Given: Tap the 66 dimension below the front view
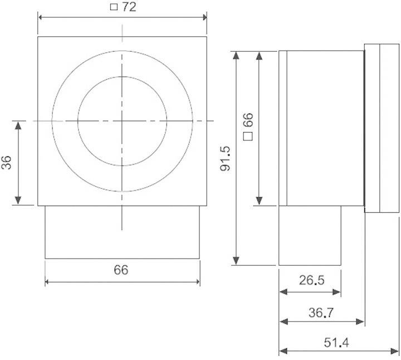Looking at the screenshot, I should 121,270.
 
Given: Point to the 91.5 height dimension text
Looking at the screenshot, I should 226,158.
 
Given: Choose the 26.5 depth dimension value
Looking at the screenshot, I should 311,280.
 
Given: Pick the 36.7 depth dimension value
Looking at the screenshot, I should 321,313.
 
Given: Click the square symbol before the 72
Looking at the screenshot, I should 113,8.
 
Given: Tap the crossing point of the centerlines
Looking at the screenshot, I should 122,120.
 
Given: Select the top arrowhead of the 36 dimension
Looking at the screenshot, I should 18,125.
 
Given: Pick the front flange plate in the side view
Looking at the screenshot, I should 382,128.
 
